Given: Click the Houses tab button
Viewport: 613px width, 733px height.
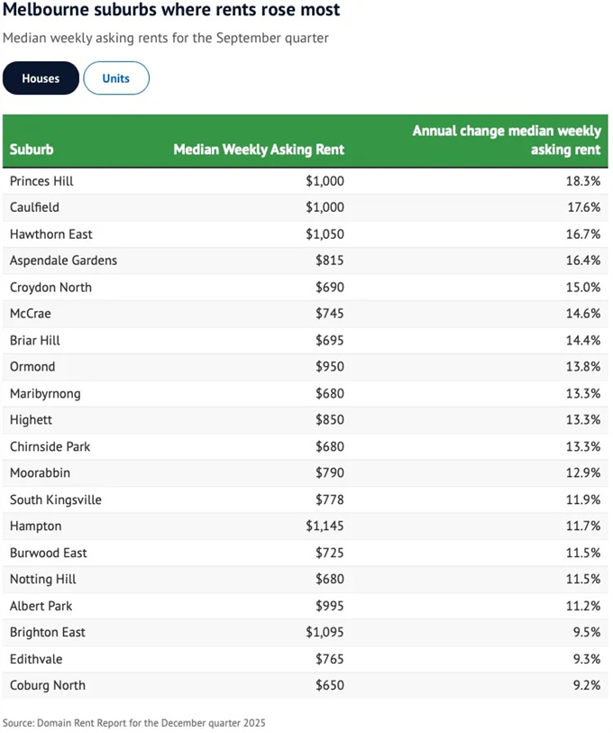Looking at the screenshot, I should pos(41,78).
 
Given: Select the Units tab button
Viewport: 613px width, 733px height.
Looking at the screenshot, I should pos(115,78).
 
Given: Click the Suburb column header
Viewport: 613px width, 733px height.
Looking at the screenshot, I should pos(32,150).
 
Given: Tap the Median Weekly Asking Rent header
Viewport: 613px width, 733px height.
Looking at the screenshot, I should pos(259,150).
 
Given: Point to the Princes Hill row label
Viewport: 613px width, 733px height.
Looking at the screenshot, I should pos(41,181).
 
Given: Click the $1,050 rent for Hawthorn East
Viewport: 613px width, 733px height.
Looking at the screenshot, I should pos(325,234).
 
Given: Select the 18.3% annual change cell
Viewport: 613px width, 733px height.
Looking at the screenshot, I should pos(583,181).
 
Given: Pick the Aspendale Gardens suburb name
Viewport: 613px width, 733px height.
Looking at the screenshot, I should pos(63,261).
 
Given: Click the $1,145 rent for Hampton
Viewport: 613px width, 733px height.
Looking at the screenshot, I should pos(325,526).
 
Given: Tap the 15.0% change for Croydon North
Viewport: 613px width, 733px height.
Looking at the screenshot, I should pos(583,288).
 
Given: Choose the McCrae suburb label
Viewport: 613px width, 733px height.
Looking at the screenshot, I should pos(31,314).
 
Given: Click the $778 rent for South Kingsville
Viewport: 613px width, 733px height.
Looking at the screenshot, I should pos(329,499).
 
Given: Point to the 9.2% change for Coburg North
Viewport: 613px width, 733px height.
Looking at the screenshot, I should pos(586,685).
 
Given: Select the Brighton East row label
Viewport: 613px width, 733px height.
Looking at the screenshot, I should pos(48,632).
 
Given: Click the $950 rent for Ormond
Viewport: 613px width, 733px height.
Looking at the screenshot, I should pos(329,367).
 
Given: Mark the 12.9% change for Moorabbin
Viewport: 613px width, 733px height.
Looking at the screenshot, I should pos(583,472).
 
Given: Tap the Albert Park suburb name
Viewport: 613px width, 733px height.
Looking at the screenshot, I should pos(41,606).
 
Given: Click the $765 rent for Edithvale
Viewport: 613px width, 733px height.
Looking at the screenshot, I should pos(329,659).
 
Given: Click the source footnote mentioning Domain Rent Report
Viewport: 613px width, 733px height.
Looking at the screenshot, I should pos(133,723).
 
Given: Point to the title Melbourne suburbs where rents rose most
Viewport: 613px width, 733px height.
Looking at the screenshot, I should pos(171,11).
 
